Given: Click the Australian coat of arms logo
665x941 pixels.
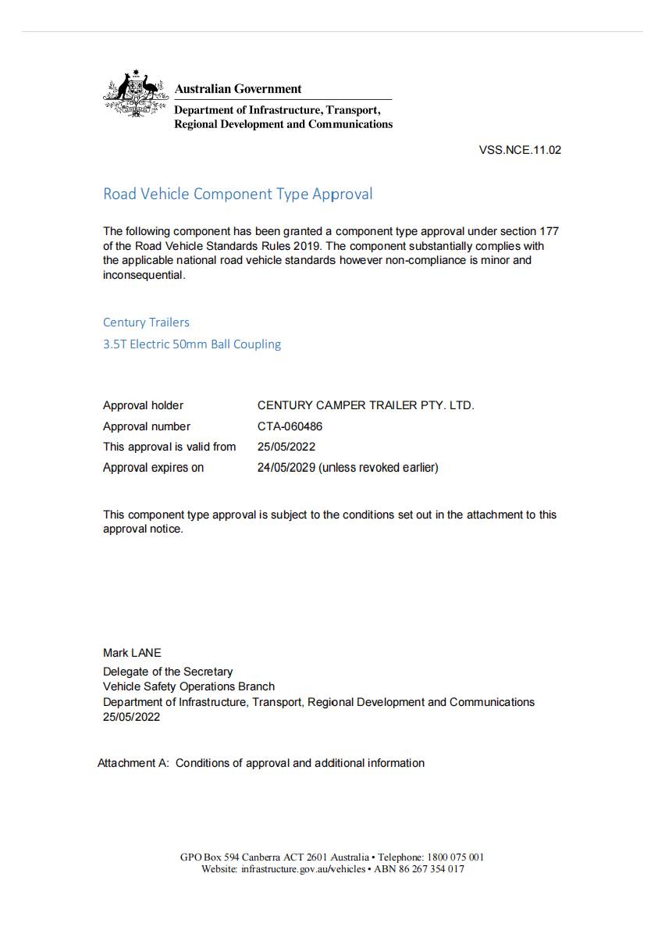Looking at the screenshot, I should (x=136, y=95).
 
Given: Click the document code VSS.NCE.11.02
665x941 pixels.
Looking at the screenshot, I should (x=520, y=150).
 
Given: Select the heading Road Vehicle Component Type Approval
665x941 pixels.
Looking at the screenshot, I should (x=237, y=194).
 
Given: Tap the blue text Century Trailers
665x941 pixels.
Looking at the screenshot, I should (x=146, y=322).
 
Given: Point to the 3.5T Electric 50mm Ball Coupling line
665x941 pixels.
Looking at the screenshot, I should (x=192, y=344).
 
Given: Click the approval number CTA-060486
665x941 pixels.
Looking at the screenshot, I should (x=290, y=426).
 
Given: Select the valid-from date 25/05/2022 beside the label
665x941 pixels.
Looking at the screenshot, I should (x=286, y=447).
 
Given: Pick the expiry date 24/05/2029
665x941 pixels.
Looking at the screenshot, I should (x=286, y=468).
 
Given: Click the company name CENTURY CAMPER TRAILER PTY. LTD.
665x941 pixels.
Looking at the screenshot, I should (x=365, y=405).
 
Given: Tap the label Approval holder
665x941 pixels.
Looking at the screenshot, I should (x=143, y=405).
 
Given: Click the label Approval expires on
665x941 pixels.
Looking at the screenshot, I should (x=153, y=468).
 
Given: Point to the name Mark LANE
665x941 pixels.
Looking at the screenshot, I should (x=132, y=653).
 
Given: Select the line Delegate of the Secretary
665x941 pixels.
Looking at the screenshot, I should (x=168, y=672).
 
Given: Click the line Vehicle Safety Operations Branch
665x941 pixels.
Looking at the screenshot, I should (x=189, y=686).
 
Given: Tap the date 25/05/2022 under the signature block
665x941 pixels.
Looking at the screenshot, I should (x=131, y=717).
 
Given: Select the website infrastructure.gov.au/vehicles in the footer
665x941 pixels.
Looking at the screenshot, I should (x=303, y=869).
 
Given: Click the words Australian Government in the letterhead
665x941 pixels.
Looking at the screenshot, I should (x=238, y=89).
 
